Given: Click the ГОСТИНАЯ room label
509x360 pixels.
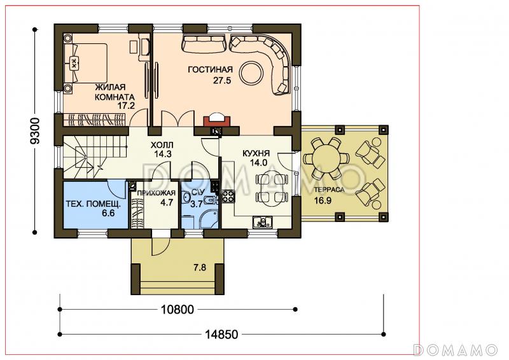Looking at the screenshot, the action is (x=211, y=70).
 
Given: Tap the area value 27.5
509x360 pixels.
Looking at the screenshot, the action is (x=222, y=81).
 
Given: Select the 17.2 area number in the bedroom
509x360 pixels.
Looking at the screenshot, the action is (x=126, y=105).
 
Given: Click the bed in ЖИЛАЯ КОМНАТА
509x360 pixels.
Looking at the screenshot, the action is (x=86, y=64).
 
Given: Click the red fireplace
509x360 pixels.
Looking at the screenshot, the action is (x=217, y=120).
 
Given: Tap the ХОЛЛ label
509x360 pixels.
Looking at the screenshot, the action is (x=162, y=145).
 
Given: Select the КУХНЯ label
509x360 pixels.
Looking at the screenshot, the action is (x=256, y=153).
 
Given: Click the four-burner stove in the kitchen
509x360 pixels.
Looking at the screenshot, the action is (x=228, y=197).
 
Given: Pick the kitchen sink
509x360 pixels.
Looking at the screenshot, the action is (x=263, y=223).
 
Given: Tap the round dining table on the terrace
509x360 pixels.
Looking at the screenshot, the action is (x=326, y=158).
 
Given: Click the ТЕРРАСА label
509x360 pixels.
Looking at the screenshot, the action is (x=329, y=190).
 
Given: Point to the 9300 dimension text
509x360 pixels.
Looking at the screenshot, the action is (x=34, y=131).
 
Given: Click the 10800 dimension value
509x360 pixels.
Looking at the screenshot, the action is (x=178, y=310).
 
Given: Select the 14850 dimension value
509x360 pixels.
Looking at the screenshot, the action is (x=221, y=334).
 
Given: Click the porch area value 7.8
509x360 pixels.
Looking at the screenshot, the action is (x=200, y=268).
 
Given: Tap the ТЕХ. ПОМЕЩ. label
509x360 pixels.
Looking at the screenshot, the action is (x=93, y=204).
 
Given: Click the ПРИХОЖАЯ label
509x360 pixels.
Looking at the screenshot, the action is (x=156, y=193).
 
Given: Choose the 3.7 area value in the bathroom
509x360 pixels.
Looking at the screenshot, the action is (x=197, y=204).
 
